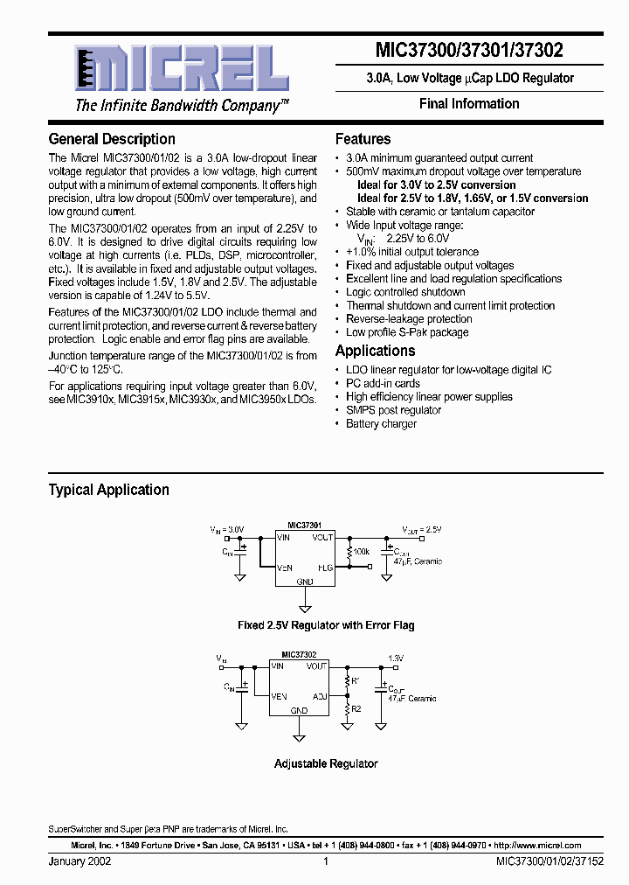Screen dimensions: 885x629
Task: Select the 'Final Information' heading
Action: point(469,103)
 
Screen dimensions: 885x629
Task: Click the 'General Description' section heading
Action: point(112,139)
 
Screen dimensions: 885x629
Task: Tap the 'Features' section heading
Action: point(363,139)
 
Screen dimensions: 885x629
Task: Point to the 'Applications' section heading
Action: point(375,351)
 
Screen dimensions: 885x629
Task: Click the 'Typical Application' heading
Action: point(108,490)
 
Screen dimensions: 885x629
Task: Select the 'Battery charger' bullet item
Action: point(381,423)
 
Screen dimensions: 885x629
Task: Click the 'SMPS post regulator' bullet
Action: point(393,410)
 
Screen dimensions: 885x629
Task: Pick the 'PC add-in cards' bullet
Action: point(383,383)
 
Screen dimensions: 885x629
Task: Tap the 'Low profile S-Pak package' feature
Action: point(407,332)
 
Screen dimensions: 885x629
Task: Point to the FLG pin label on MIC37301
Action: point(325,567)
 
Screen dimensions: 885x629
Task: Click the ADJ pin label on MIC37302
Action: point(320,697)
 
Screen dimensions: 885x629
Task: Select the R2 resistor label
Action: point(356,709)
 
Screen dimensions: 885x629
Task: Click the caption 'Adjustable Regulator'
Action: point(326,763)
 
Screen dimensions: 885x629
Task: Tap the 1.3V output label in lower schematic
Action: point(396,657)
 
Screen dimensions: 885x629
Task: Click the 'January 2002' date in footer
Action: point(79,861)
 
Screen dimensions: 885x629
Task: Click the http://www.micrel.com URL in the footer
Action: point(537,846)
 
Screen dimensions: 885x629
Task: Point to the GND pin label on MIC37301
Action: point(305,581)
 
